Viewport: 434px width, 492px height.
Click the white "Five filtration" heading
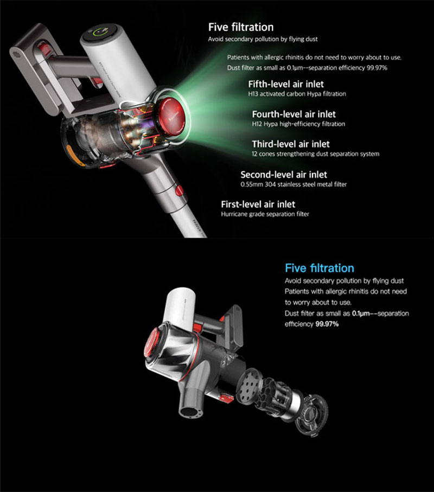[241, 27]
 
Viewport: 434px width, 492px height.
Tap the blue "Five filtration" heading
[320, 269]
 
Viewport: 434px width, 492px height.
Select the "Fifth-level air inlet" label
[286, 84]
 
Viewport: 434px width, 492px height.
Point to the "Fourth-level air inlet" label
[293, 114]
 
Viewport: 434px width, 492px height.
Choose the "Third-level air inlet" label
[291, 144]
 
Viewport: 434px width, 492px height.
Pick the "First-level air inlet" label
[258, 205]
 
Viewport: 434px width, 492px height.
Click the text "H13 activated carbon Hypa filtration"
[297, 94]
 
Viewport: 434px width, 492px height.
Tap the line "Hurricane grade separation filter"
[265, 214]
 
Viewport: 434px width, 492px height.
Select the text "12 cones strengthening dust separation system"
[315, 154]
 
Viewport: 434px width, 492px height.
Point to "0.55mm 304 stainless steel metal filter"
[293, 184]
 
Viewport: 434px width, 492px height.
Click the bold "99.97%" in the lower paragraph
[327, 324]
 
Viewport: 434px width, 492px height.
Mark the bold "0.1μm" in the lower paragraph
[361, 313]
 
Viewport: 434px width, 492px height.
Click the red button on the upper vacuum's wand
[179, 190]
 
